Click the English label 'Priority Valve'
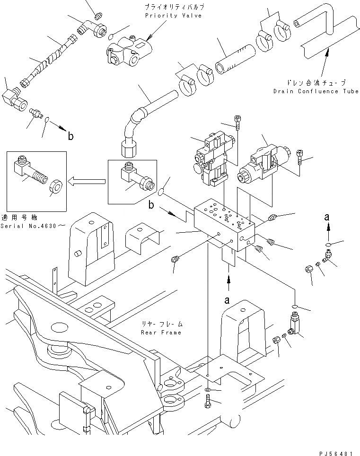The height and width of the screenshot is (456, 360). click(x=173, y=16)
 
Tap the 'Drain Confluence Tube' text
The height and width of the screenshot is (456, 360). click(x=316, y=91)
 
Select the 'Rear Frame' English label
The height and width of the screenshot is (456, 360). click(x=161, y=333)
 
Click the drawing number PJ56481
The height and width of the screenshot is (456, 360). click(x=336, y=453)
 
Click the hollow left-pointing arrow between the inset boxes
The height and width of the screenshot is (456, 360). click(x=87, y=182)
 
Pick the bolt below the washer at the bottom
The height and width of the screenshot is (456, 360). click(x=209, y=402)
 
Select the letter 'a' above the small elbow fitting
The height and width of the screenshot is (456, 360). click(x=327, y=217)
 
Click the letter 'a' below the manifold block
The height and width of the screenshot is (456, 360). click(x=227, y=300)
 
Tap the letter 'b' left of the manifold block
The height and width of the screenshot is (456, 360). click(x=151, y=205)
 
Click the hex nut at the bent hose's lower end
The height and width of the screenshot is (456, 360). click(x=128, y=148)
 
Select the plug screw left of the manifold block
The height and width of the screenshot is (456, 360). click(x=176, y=258)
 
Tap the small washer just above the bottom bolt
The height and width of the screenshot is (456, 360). click(x=208, y=389)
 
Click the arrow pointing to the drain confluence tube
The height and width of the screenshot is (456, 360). click(x=325, y=63)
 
